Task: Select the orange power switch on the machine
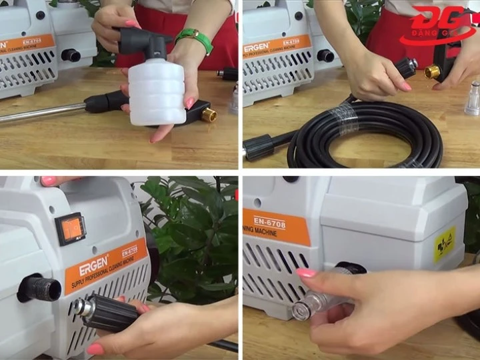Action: pyautogui.click(x=69, y=229)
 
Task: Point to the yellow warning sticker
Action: pyautogui.click(x=444, y=245)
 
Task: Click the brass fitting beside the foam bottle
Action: pyautogui.click(x=209, y=115)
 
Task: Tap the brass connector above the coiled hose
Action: pyautogui.click(x=433, y=71)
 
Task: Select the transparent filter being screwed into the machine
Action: pyautogui.click(x=320, y=297)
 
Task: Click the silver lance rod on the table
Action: pyautogui.click(x=40, y=114)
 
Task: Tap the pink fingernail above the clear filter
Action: pyautogui.click(x=306, y=273)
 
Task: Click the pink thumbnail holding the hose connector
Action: pyautogui.click(x=95, y=349)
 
